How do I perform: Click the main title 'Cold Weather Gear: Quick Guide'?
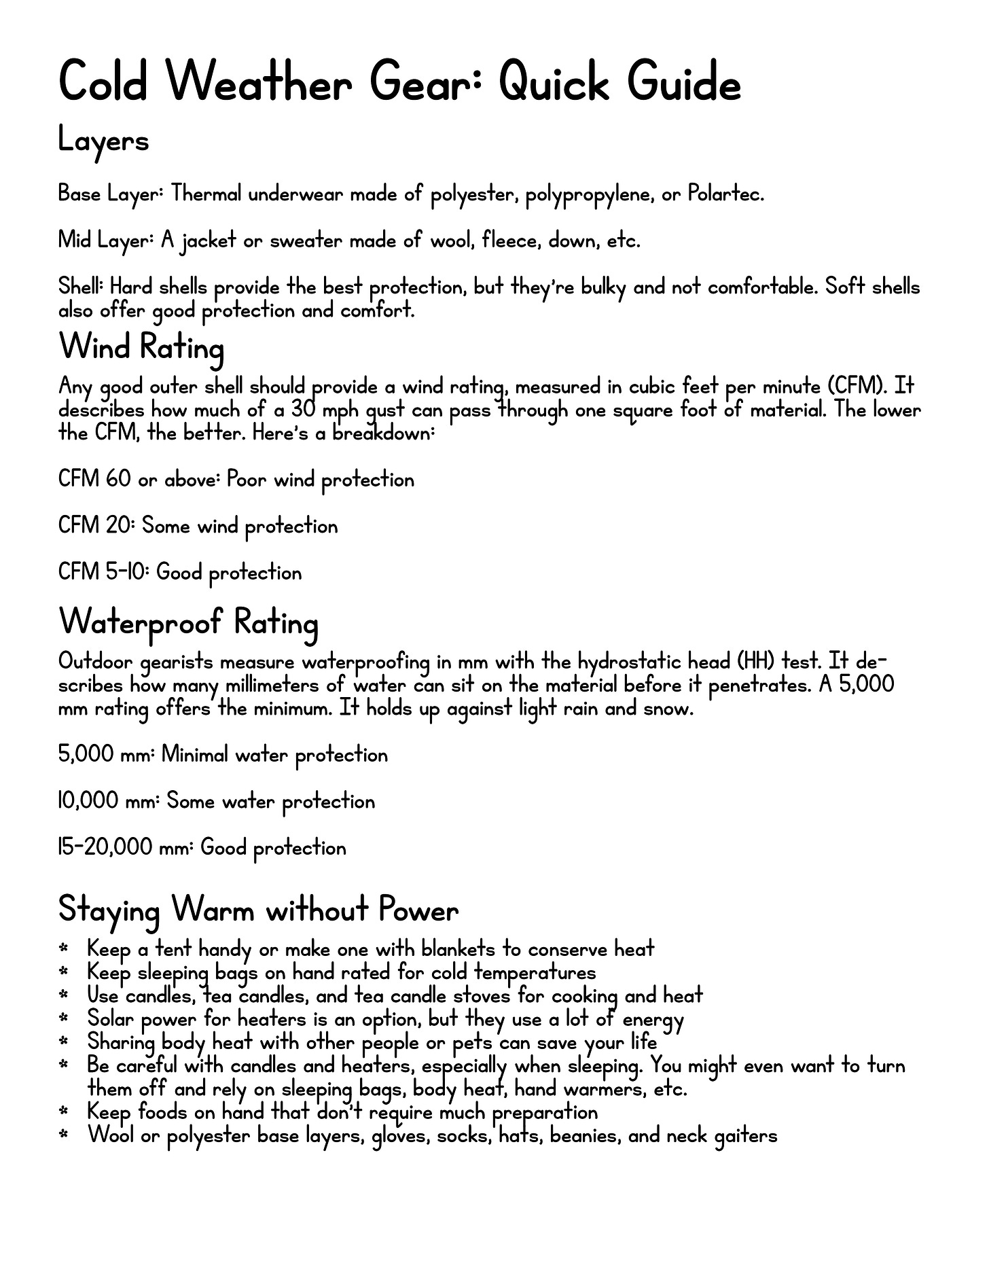click(x=399, y=84)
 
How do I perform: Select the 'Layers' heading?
click(x=103, y=141)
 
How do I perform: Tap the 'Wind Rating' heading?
click(x=141, y=347)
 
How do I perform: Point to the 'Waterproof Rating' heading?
click(x=188, y=622)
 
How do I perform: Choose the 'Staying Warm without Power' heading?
click(x=258, y=909)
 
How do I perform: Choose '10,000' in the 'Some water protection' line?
click(x=88, y=802)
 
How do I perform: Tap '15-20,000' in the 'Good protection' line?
click(x=105, y=848)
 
